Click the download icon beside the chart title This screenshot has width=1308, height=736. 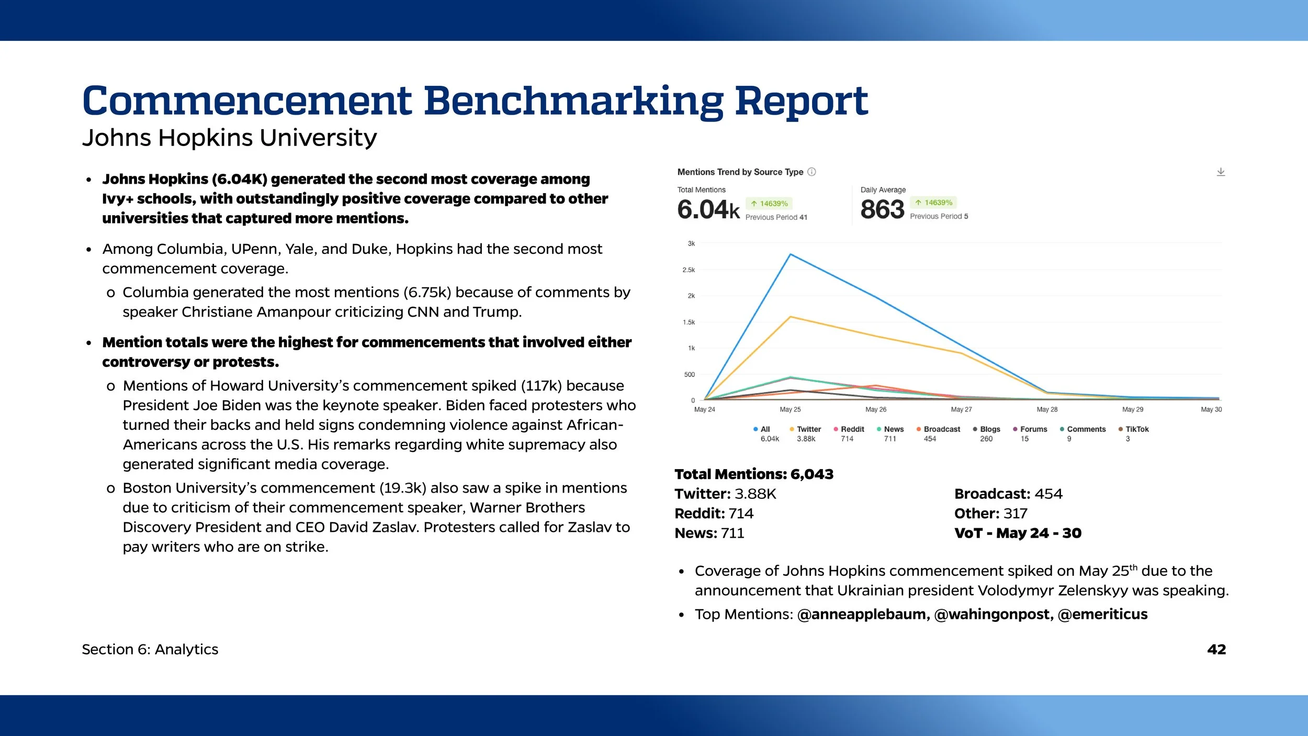click(1221, 172)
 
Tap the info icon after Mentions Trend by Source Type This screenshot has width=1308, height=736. click(811, 172)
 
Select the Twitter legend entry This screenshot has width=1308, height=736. click(806, 429)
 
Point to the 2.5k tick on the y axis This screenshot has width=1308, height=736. click(689, 270)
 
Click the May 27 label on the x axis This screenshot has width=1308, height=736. click(961, 409)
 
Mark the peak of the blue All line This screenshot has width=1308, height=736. click(791, 254)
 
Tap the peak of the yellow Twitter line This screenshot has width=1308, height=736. click(791, 317)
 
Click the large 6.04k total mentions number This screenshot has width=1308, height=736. click(708, 209)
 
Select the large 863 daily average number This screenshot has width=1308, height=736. click(882, 209)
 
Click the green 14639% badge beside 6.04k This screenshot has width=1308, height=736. click(770, 204)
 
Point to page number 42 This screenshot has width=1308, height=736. click(1216, 650)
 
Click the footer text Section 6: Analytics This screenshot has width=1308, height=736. click(150, 650)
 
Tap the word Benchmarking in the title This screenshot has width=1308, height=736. click(573, 101)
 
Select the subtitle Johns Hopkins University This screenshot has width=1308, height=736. click(229, 138)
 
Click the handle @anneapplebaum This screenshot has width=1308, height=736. click(863, 615)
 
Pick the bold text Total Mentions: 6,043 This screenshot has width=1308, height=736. click(754, 474)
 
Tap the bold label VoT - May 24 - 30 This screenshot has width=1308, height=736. click(1018, 533)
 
